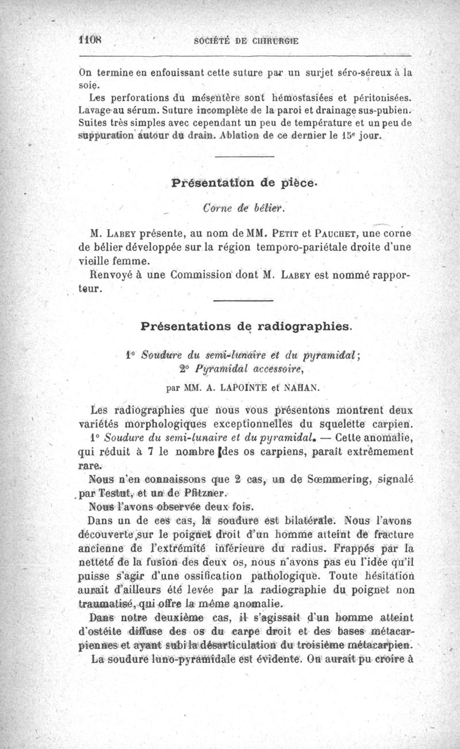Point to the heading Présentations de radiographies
[244, 326]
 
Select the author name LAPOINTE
[238, 387]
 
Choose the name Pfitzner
[202, 493]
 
